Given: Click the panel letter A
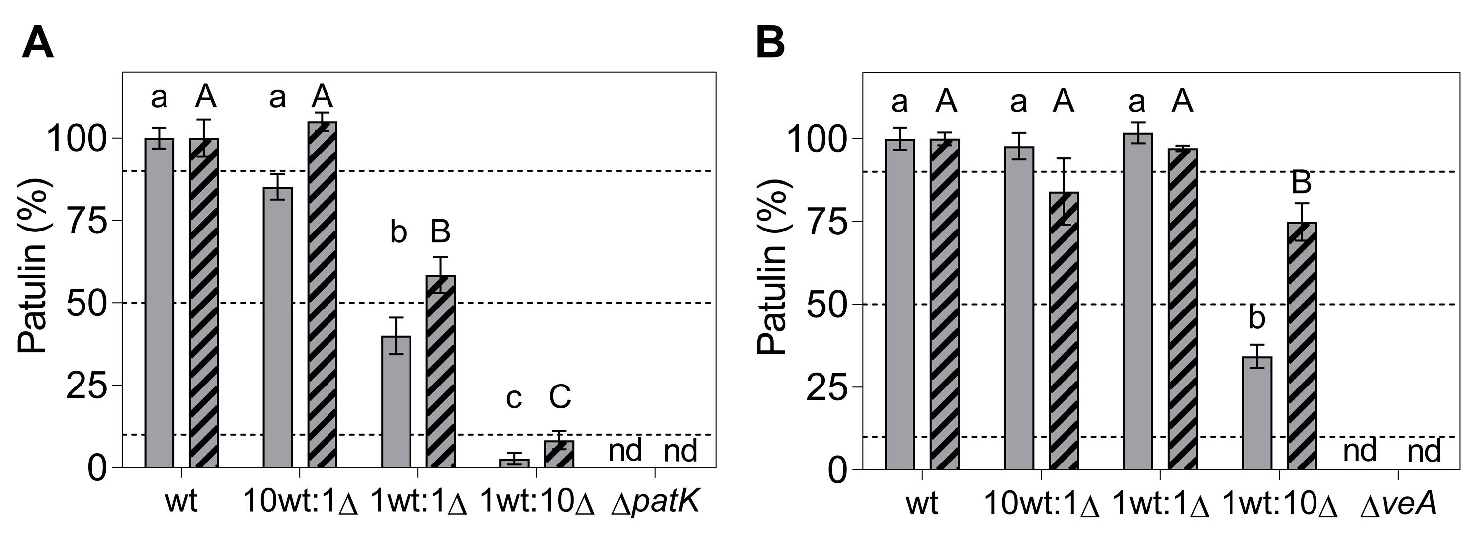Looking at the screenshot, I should tap(38, 44).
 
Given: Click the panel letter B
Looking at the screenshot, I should tap(770, 44).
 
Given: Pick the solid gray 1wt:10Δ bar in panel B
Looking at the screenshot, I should tap(1257, 413).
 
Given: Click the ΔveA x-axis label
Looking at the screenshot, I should tap(1397, 504).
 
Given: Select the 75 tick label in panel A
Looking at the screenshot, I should tap(86, 221).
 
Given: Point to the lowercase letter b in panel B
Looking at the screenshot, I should tap(1256, 317).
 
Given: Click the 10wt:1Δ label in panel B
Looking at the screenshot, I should tap(1041, 504).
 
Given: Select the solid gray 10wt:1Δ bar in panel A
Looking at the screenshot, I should tap(278, 327).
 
